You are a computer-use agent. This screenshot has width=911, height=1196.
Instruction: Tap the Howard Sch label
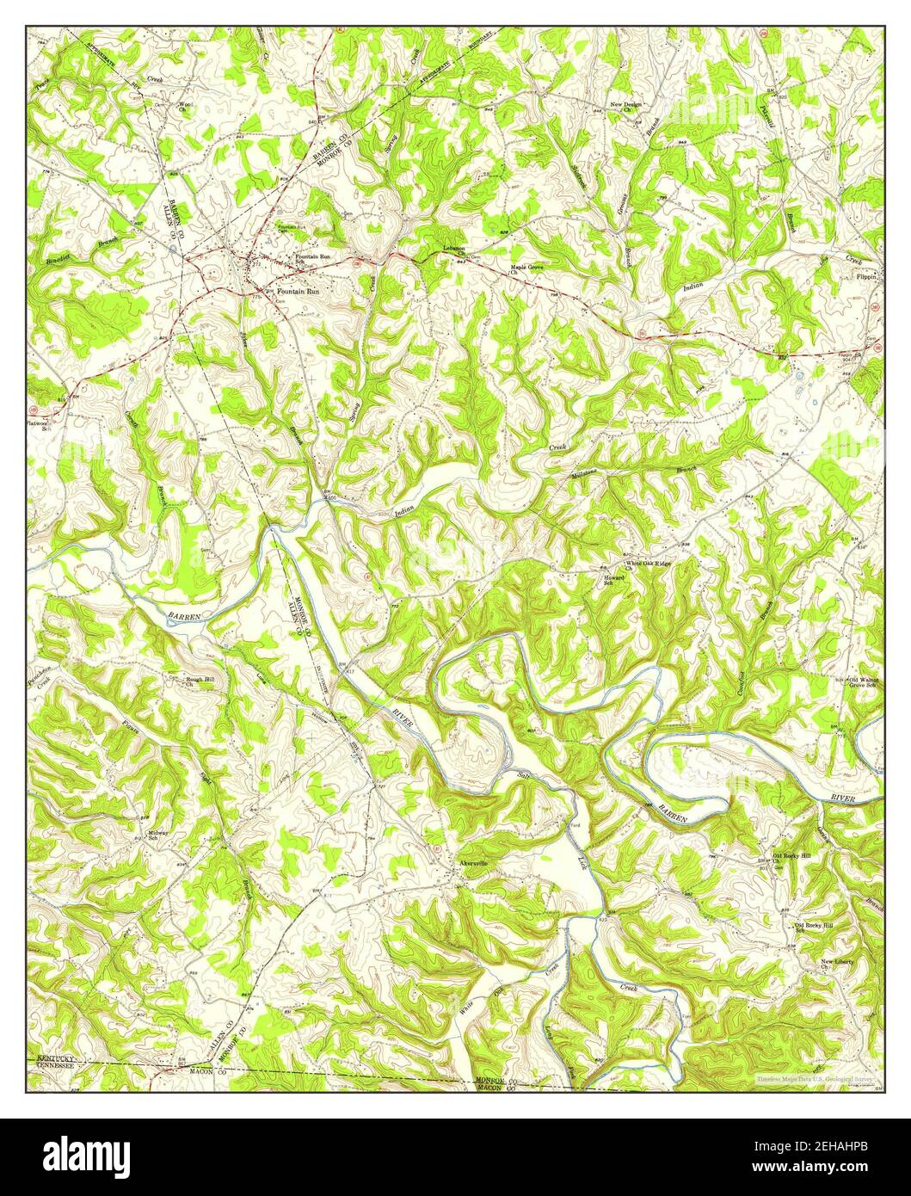click(613, 580)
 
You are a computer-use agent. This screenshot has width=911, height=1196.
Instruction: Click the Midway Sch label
click(159, 835)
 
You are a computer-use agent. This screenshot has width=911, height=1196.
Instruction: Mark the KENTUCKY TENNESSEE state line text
click(65, 1062)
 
